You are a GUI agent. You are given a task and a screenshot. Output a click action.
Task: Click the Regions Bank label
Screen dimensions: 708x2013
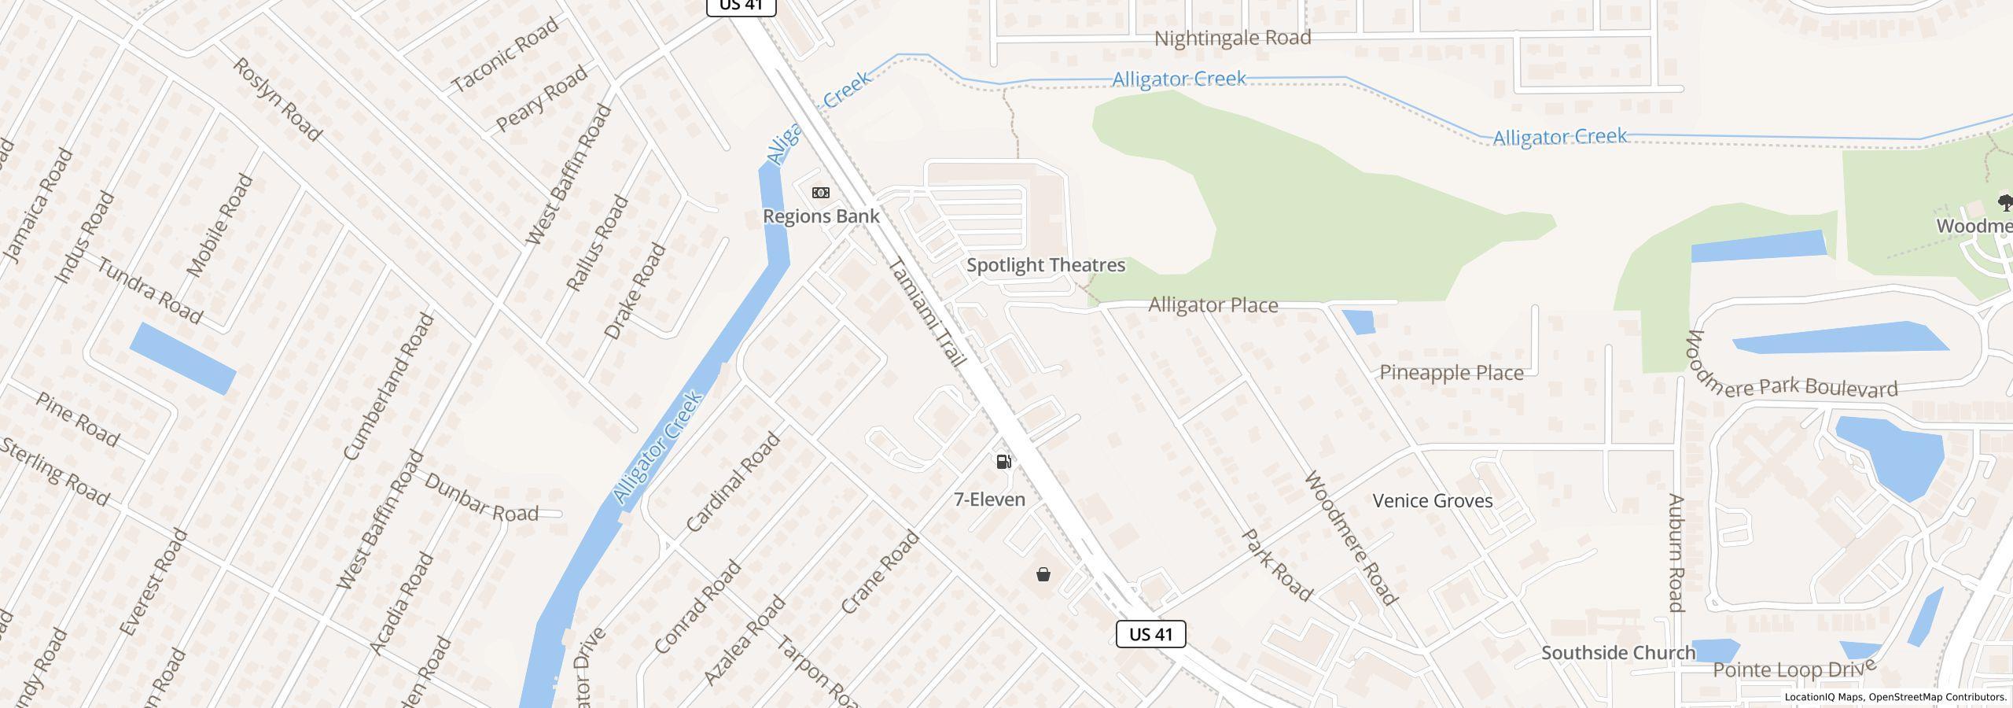tap(821, 216)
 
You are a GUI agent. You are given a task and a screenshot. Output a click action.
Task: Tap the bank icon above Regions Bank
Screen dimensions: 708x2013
tap(821, 193)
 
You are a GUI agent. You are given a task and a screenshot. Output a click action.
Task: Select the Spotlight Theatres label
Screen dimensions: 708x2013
tap(1046, 265)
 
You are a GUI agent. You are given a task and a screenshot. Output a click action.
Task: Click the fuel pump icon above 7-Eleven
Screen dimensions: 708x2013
tap(1003, 462)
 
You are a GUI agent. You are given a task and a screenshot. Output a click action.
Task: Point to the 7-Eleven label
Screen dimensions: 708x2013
tap(989, 500)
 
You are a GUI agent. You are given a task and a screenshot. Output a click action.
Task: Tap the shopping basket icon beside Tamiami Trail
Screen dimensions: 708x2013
tap(1043, 575)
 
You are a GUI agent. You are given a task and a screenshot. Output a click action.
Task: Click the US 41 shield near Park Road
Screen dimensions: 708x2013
tap(1150, 634)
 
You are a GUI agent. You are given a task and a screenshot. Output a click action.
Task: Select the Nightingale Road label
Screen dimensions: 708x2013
tap(1232, 38)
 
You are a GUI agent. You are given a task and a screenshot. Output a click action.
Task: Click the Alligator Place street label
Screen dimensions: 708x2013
tap(1213, 305)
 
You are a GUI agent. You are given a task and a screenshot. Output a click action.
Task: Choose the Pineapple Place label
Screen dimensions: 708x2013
tap(1452, 373)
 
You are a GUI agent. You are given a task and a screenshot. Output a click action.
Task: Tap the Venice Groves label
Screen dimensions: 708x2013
tap(1433, 501)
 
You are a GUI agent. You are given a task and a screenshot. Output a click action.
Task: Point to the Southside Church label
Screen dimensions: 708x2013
tap(1618, 653)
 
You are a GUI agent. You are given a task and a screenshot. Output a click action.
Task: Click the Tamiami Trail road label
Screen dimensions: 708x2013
tap(926, 313)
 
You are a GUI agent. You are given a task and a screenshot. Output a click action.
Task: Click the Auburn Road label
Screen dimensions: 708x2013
tap(1676, 552)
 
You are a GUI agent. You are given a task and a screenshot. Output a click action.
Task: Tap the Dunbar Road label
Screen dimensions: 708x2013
tap(481, 498)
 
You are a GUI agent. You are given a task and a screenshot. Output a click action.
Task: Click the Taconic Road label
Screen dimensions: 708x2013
tap(506, 53)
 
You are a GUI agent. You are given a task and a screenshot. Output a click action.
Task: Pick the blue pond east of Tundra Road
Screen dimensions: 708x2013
tap(182, 358)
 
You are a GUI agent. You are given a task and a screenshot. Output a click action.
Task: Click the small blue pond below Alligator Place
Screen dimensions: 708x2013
tap(1358, 322)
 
